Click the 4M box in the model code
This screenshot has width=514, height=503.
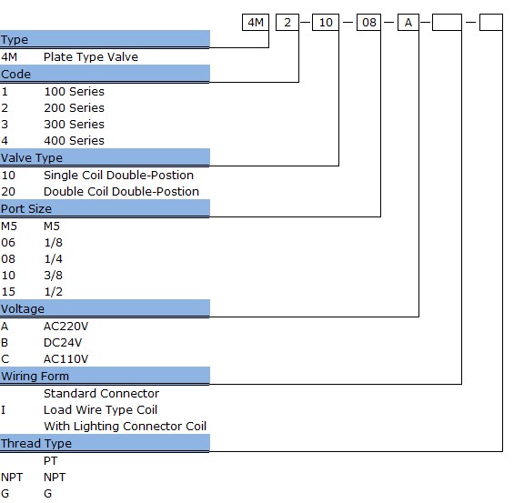click(256, 22)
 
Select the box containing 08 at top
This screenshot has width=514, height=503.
click(368, 22)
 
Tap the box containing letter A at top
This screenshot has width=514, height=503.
click(408, 22)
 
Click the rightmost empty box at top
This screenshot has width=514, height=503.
click(491, 22)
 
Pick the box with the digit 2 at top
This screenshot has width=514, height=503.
click(287, 22)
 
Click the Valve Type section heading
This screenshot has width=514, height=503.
click(32, 158)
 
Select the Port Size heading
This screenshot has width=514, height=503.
click(26, 208)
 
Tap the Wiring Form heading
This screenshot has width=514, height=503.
click(35, 377)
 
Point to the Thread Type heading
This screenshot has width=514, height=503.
click(36, 443)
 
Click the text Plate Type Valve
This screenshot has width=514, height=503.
click(91, 57)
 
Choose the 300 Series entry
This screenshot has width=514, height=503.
click(74, 125)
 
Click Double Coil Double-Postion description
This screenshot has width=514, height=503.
click(121, 191)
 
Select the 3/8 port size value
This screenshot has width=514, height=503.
click(53, 276)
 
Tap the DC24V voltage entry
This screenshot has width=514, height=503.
click(63, 343)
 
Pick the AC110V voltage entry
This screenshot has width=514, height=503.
click(66, 359)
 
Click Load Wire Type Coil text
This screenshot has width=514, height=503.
click(101, 410)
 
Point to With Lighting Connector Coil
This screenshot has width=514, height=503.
click(126, 427)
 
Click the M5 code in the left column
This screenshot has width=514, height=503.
click(9, 226)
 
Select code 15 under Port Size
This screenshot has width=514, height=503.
click(8, 292)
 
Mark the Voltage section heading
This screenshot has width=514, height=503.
click(23, 309)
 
